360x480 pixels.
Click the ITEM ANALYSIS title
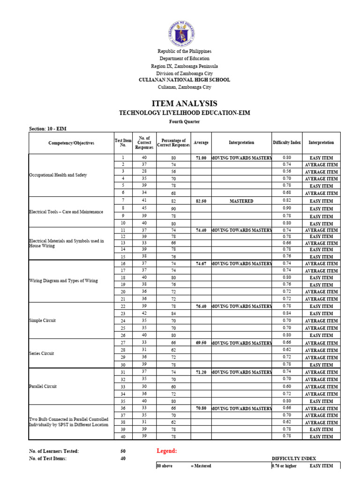184,104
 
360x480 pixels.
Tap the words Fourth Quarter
184,121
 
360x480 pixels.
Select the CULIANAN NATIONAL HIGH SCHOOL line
184,80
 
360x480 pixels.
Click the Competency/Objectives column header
71,142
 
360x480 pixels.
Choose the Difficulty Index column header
287,142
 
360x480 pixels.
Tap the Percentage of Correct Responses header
173,143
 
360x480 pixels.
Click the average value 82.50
201,201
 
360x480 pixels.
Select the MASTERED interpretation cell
241,201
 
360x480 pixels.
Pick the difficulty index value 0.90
287,208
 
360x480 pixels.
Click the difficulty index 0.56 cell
287,172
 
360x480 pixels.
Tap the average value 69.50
201,343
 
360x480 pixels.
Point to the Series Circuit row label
42,353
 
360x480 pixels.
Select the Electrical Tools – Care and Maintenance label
66,212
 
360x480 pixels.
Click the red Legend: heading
166,451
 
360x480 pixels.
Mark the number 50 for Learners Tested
123,451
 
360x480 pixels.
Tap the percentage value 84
173,314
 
